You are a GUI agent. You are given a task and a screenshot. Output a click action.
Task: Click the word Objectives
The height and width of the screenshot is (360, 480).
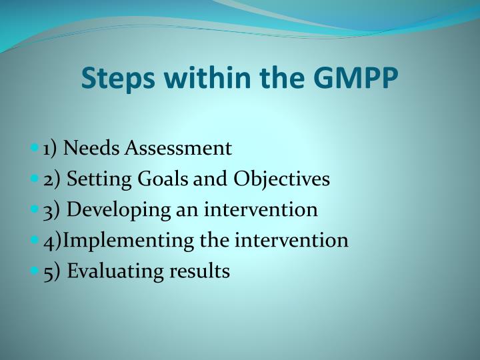pos(281,179)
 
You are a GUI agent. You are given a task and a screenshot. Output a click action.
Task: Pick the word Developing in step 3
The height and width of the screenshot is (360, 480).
pos(109,209)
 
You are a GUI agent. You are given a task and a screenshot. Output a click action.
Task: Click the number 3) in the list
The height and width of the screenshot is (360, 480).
pos(51,209)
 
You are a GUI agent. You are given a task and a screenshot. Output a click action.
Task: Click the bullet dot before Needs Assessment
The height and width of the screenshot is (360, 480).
pos(35,148)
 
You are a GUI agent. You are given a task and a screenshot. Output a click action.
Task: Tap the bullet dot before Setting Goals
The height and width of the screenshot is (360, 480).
pos(35,179)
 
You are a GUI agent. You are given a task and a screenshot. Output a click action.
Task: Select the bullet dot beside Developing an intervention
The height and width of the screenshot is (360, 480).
pos(35,209)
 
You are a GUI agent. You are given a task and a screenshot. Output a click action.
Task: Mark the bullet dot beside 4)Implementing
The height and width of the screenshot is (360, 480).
pos(35,241)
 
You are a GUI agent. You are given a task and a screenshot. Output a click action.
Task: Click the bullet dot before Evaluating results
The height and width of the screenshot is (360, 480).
pos(35,271)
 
